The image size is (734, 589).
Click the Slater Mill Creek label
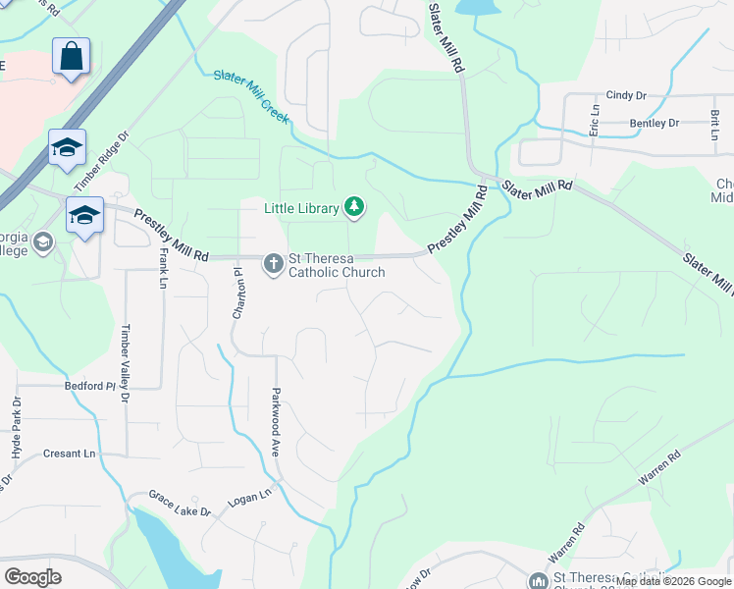[251, 95]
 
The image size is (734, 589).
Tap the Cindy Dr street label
[627, 95]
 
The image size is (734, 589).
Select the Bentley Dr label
[655, 123]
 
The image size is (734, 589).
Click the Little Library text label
[299, 207]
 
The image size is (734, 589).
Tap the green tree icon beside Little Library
[353, 207]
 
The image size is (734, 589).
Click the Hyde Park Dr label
[16, 431]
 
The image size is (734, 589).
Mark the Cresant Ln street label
[70, 454]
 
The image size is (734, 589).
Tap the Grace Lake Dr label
[180, 505]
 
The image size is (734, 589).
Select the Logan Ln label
[249, 498]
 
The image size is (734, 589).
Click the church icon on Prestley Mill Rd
[272, 263]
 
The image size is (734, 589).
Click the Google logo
[33, 576]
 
